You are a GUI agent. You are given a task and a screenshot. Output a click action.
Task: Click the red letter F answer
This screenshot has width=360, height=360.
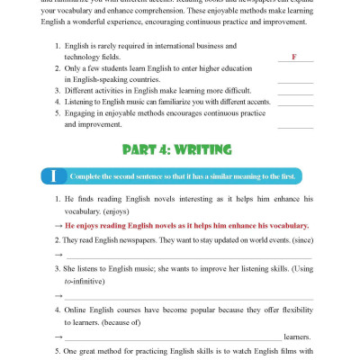294,57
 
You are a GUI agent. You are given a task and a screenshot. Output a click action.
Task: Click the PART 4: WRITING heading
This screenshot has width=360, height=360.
180,148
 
